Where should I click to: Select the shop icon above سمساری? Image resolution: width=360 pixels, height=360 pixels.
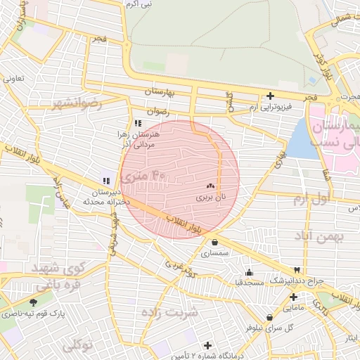pyautogui.click(x=214, y=243)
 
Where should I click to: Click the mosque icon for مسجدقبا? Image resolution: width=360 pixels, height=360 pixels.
pyautogui.click(x=247, y=272)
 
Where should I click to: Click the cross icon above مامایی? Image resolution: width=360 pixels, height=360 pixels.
pyautogui.click(x=293, y=297)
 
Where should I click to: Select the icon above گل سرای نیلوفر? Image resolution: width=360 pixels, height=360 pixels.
pyautogui.click(x=270, y=317)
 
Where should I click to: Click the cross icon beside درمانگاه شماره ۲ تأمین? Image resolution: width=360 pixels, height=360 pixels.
pyautogui.click(x=207, y=345)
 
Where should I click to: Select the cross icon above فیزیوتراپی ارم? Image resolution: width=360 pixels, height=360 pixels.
pyautogui.click(x=270, y=96)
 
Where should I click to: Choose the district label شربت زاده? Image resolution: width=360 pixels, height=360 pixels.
pyautogui.click(x=169, y=310)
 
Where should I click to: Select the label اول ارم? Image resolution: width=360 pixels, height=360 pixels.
pyautogui.click(x=310, y=200)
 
